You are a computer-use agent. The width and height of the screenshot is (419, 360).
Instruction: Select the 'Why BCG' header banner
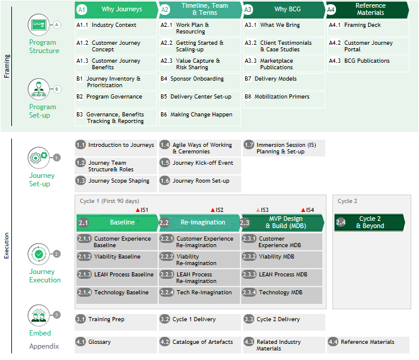284,10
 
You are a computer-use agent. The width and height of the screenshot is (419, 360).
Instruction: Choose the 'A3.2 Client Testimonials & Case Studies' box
284,46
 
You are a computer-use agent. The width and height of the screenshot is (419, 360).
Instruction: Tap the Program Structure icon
39,25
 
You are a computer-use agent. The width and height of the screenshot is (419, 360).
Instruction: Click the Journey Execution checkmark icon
39,254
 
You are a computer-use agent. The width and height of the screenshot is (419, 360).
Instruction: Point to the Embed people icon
39,315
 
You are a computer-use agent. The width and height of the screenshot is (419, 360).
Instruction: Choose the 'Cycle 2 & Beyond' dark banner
369,223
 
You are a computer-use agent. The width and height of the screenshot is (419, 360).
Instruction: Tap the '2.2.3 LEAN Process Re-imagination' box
200,278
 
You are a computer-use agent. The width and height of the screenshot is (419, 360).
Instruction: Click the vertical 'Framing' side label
7,66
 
